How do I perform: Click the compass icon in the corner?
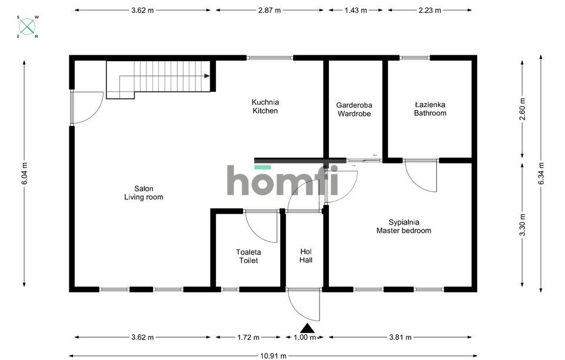pyautogui.click(x=27, y=26)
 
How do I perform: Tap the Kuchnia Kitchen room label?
pyautogui.click(x=265, y=106)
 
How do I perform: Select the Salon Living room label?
pyautogui.click(x=144, y=192)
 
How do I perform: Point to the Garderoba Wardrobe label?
pyautogui.click(x=354, y=109)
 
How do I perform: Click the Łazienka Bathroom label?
pyautogui.click(x=430, y=109)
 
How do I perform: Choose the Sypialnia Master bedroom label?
pyautogui.click(x=404, y=226)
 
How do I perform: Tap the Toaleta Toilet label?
pyautogui.click(x=248, y=256)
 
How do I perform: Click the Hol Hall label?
pyautogui.click(x=306, y=256)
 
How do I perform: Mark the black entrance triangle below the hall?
pyautogui.click(x=307, y=328)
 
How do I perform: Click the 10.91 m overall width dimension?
pyautogui.click(x=273, y=356)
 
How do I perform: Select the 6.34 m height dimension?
pyautogui.click(x=541, y=174)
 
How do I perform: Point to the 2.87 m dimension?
pyautogui.click(x=269, y=10)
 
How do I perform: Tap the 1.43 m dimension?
pyautogui.click(x=355, y=10)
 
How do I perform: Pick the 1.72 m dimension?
pyautogui.click(x=248, y=337)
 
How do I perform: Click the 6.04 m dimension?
pyautogui.click(x=25, y=174)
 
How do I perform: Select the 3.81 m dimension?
pyautogui.click(x=400, y=337)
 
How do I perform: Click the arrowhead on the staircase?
pyautogui.click(x=207, y=76)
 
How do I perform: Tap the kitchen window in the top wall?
pyautogui.click(x=270, y=58)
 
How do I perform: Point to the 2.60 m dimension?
pyautogui.click(x=523, y=109)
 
